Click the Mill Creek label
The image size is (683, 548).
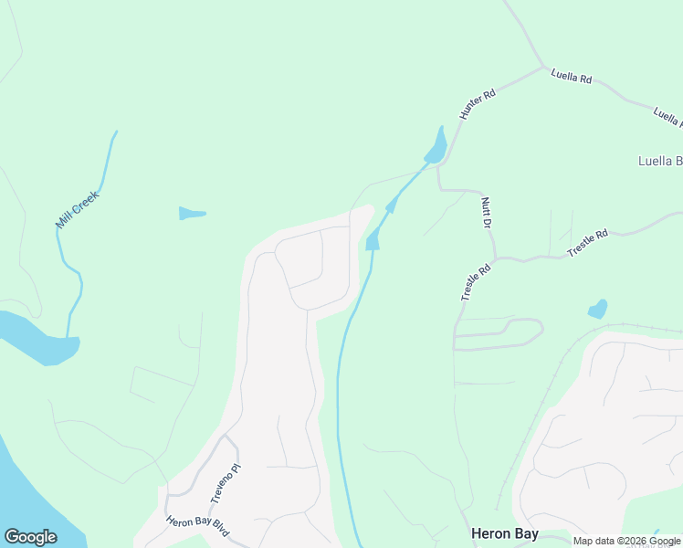(77, 209)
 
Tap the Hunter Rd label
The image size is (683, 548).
(477, 104)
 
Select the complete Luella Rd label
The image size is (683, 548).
(572, 78)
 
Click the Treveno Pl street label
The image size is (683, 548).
(226, 483)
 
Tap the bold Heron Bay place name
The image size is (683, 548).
(504, 533)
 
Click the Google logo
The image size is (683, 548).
(30, 537)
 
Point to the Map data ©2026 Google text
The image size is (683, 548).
(626, 541)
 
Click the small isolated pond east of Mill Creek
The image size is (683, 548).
(192, 214)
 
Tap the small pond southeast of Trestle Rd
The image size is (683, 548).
(598, 309)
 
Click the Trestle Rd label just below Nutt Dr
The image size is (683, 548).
(476, 283)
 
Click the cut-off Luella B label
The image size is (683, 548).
(659, 162)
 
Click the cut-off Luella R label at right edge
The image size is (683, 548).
(667, 118)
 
